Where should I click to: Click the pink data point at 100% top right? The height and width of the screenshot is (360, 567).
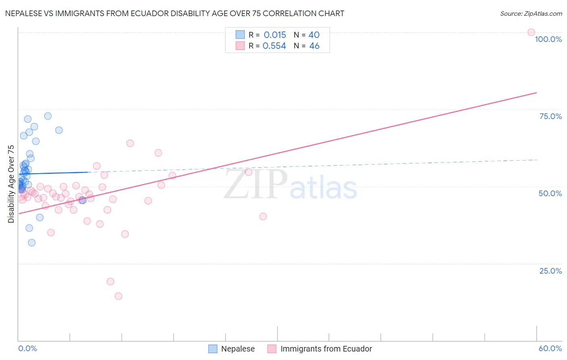(531, 32)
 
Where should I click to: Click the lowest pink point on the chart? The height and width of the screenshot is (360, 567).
(118, 296)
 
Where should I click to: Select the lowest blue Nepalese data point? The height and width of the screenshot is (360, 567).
(31, 243)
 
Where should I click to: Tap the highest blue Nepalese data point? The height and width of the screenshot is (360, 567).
(48, 116)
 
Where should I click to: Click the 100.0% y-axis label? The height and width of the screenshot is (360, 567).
(548, 39)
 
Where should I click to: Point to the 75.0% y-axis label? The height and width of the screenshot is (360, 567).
(550, 116)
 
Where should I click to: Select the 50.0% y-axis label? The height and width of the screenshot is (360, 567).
(550, 193)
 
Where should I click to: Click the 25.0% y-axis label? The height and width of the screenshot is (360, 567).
(550, 271)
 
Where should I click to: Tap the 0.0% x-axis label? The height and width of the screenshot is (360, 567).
(27, 348)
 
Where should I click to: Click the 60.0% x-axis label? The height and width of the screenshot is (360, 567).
(550, 348)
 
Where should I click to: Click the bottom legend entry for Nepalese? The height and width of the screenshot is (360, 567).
(238, 349)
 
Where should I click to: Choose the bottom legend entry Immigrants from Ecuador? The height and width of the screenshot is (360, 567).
(326, 349)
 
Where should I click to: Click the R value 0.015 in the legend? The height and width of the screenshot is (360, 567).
(275, 35)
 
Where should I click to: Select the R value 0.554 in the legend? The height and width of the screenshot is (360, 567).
(274, 46)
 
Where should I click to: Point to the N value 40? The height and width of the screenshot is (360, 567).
(314, 35)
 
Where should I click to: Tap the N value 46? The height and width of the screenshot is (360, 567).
(314, 46)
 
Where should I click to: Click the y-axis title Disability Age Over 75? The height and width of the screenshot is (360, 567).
(11, 184)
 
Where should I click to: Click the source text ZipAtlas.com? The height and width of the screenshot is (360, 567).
(531, 13)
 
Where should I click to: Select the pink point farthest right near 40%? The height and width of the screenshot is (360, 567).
(263, 216)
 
